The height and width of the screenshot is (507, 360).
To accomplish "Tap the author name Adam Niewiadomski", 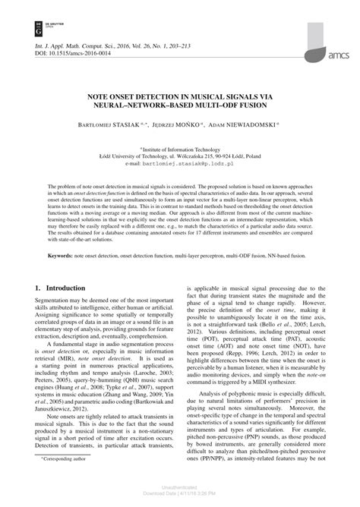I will (x=246, y=122).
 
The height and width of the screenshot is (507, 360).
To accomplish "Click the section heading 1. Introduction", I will (x=61, y=289).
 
